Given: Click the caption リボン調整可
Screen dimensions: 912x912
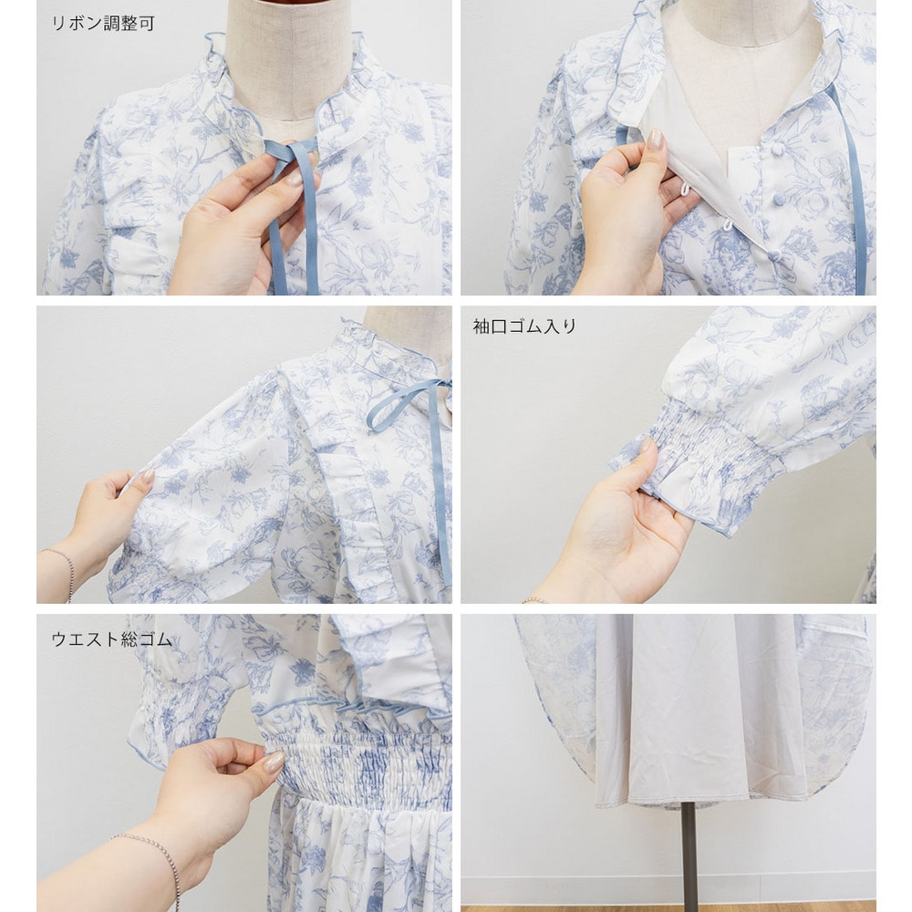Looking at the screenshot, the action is pyautogui.click(x=103, y=24).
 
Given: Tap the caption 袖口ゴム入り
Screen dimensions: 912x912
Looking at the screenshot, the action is pyautogui.click(x=524, y=326).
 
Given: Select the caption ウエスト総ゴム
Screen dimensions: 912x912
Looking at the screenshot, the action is pyautogui.click(x=111, y=639).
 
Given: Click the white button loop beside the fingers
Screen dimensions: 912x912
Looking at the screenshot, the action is pyautogui.click(x=685, y=189).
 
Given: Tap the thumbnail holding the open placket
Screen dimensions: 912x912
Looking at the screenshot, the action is pyautogui.click(x=656, y=140).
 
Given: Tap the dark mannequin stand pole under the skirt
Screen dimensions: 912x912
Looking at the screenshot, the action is pyautogui.click(x=689, y=855).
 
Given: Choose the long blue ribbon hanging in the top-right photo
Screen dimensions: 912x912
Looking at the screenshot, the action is pyautogui.click(x=852, y=192).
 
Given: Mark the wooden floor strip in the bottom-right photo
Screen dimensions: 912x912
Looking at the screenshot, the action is pyautogui.click(x=668, y=908).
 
